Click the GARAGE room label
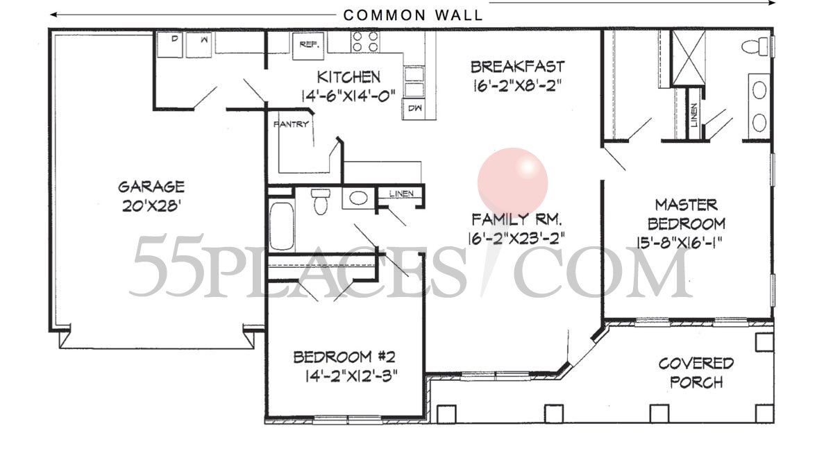pyautogui.click(x=151, y=187)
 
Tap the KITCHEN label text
pyautogui.click(x=348, y=77)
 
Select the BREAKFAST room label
pyautogui.click(x=517, y=67)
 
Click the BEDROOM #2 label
pyautogui.click(x=344, y=358)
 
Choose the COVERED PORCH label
pyautogui.click(x=696, y=373)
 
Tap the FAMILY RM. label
pyautogui.click(x=516, y=220)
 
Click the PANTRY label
pyautogui.click(x=291, y=125)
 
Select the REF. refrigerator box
pyautogui.click(x=308, y=43)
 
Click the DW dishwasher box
pyautogui.click(x=415, y=109)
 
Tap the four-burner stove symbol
pyautogui.click(x=365, y=42)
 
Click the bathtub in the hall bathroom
pyautogui.click(x=281, y=226)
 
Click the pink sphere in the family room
pyautogui.click(x=513, y=182)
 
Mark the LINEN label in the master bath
pyautogui.click(x=694, y=116)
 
